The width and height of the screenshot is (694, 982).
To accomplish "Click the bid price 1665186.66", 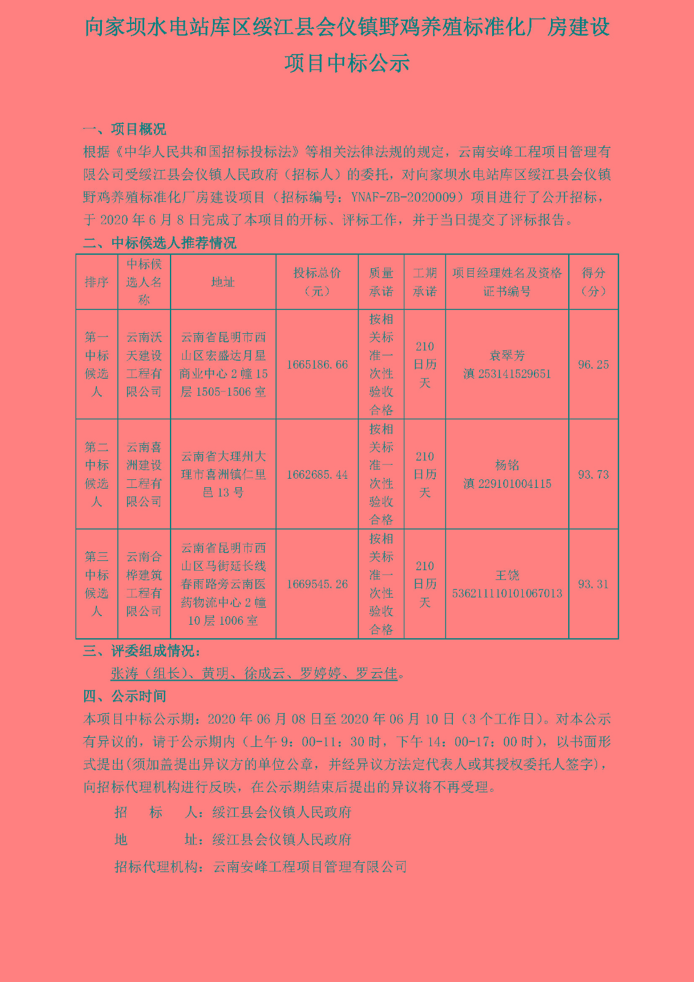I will click(x=317, y=365).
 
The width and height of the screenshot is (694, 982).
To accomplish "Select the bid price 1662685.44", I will click(x=317, y=474).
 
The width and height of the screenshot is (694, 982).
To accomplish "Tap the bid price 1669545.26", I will click(x=317, y=584).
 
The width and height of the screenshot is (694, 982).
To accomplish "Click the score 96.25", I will click(x=593, y=365).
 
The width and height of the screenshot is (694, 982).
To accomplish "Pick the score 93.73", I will click(x=593, y=474).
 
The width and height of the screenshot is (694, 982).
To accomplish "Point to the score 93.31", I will click(x=593, y=584).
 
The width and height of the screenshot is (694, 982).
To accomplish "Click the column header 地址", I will click(x=223, y=282).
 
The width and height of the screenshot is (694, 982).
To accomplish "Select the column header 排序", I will click(x=96, y=282).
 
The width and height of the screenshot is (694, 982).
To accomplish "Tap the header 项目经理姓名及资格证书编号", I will click(x=507, y=282).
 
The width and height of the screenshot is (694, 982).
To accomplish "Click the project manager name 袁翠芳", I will click(x=507, y=355).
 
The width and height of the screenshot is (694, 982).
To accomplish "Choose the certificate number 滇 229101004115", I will click(x=507, y=484).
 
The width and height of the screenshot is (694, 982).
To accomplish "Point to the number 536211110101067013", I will click(x=507, y=593).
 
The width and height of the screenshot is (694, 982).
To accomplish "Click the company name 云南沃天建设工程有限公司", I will click(x=144, y=365).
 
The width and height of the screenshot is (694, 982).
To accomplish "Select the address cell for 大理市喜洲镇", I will click(x=223, y=474).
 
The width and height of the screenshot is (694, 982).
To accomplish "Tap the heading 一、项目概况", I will click(x=125, y=130).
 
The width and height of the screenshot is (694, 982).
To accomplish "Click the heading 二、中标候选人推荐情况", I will click(x=160, y=243).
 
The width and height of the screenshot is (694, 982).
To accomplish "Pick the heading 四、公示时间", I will click(x=125, y=696).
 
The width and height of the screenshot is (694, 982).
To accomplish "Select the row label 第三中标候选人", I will click(x=96, y=584).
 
